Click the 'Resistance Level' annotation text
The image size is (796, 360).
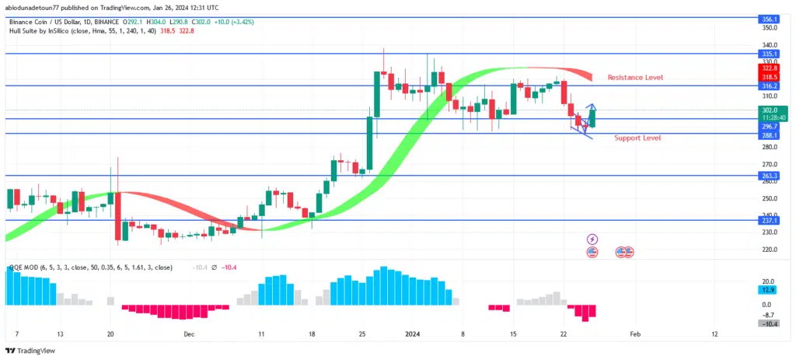coord(634,78)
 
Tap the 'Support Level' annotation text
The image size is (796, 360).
coord(637,138)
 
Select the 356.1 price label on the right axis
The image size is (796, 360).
coord(768,19)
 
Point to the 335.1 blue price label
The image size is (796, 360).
coord(768,54)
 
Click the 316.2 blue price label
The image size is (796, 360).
coord(768,86)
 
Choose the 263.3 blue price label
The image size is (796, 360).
coord(768,177)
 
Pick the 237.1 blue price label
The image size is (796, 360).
coord(768,221)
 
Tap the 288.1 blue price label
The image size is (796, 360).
coord(768,135)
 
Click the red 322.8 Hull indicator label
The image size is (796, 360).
coord(768,68)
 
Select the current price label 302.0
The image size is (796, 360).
coord(768,111)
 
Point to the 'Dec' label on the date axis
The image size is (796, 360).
coord(189,334)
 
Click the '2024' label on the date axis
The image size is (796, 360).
coord(412,334)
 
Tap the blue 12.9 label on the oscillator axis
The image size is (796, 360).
coord(768,289)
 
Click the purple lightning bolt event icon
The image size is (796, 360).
coord(592,239)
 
